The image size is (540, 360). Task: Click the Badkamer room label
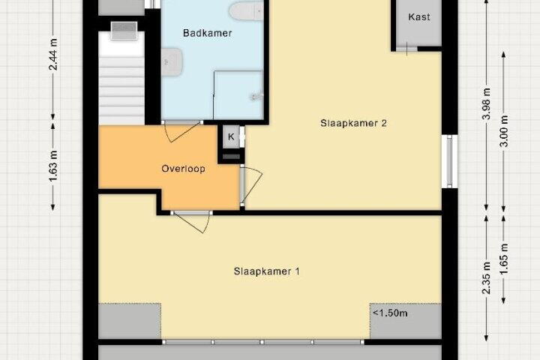point(207,33)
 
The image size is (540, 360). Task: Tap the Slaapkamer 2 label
point(353,123)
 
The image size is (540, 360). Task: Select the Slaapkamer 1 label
point(266,271)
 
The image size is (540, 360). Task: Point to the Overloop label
point(183,169)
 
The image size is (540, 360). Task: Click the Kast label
point(418,16)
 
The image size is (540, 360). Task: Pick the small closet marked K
point(231,136)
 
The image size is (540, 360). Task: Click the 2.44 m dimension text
point(53,55)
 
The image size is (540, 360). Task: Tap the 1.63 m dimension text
point(53,166)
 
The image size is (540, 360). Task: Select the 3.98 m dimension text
point(486,103)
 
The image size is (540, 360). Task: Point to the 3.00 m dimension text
point(503,131)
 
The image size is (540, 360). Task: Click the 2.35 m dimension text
point(486,278)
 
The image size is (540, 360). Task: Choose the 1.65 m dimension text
point(503,259)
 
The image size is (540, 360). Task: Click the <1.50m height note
point(390,313)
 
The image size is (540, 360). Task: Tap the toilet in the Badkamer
point(246,10)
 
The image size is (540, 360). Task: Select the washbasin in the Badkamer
point(172,62)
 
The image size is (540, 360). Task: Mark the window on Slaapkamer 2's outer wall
point(449,161)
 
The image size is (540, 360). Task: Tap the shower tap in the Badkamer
point(257,97)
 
